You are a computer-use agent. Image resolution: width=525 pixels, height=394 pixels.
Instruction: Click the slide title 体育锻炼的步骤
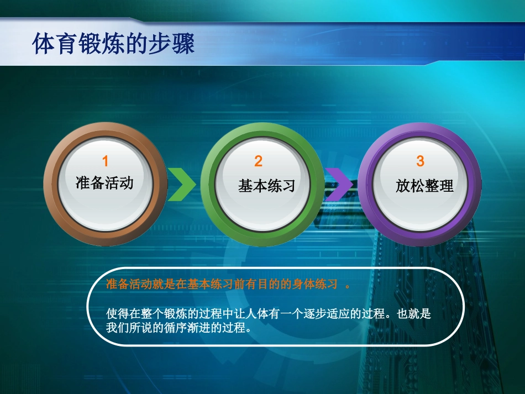click(113, 45)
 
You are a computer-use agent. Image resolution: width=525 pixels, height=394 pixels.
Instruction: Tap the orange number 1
click(105, 161)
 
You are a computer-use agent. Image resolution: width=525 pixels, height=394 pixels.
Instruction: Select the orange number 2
click(259, 161)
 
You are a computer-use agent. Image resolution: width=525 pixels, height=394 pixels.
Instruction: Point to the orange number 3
click(420, 161)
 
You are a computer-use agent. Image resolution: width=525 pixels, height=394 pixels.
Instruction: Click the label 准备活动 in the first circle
click(104, 183)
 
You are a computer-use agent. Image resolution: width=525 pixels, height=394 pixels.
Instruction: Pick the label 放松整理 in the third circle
click(424, 186)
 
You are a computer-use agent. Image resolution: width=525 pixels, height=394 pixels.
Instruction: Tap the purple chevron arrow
click(338, 184)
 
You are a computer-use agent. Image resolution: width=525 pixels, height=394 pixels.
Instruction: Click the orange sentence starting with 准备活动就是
click(221, 284)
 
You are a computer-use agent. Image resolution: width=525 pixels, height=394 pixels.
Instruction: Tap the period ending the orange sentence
click(348, 285)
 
